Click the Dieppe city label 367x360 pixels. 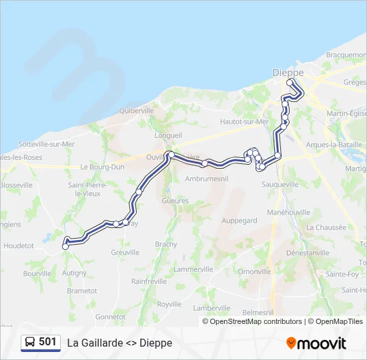288,72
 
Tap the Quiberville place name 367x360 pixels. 136,111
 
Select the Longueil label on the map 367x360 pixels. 168,135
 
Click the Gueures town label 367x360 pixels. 175,201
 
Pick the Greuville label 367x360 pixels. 125,253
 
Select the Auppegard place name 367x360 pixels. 239,220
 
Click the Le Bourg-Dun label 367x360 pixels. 99,167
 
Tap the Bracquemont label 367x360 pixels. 346,55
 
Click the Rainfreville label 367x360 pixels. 149,281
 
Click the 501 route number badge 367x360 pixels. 47,342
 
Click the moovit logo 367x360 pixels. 316,343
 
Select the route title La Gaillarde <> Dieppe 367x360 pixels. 119,343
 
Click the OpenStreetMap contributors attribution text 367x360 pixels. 256,321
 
